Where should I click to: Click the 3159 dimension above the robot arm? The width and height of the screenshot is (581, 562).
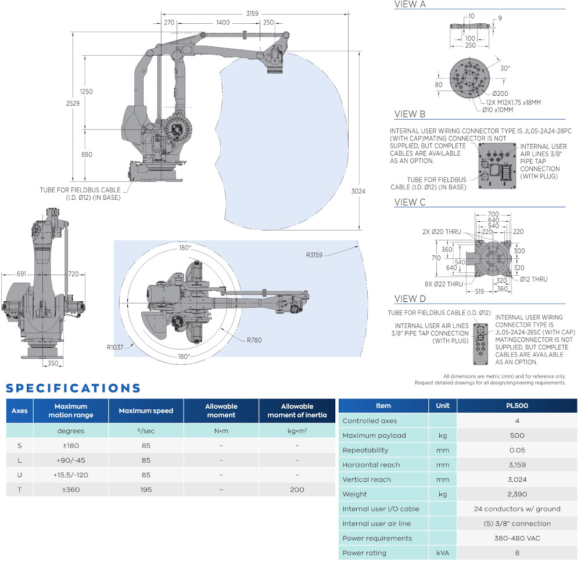coord(252,12)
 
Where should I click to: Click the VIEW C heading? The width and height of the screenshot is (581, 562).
coord(410,203)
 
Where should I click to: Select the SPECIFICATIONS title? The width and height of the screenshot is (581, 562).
coord(74,388)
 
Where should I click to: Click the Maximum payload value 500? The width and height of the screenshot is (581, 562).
coord(517,435)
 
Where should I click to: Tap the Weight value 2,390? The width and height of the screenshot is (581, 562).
coord(517,494)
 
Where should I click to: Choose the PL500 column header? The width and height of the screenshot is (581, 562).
coord(517,406)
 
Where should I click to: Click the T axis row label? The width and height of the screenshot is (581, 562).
coord(20,489)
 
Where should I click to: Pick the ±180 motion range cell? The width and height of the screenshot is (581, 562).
coord(71,445)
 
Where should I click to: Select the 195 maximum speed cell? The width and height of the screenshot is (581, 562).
coord(146,489)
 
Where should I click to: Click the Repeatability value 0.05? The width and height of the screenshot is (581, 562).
coord(517,450)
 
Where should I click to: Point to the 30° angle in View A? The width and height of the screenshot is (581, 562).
coord(505,68)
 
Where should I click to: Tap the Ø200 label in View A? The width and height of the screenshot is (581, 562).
coord(500,94)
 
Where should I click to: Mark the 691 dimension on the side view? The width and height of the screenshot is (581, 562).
coord(21,274)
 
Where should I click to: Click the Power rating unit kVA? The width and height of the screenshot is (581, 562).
coord(443,553)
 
